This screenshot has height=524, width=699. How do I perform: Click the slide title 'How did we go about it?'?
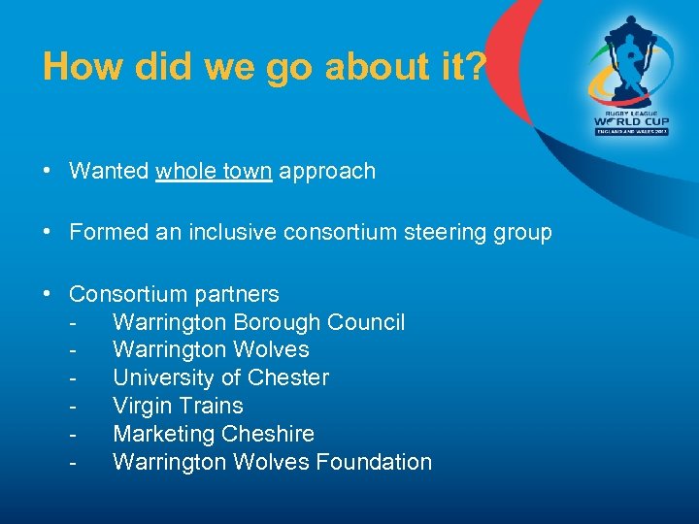pyautogui.click(x=263, y=67)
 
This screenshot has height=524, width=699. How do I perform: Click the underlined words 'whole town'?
pyautogui.click(x=215, y=172)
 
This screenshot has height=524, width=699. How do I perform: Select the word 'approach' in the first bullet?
pyautogui.click(x=328, y=172)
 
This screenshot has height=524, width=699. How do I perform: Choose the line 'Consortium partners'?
pyautogui.click(x=174, y=294)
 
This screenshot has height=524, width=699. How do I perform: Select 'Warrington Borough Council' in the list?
pyautogui.click(x=258, y=322)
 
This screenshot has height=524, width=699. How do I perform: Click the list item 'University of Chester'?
pyautogui.click(x=220, y=377)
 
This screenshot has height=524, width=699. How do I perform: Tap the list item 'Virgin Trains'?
pyautogui.click(x=178, y=406)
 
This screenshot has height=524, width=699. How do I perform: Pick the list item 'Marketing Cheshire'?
pyautogui.click(x=214, y=434)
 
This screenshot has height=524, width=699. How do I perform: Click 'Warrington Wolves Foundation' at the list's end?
pyautogui.click(x=272, y=462)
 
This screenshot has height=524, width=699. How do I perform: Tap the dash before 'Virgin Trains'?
pyautogui.click(x=74, y=406)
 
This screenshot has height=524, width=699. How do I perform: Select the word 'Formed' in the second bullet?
pyautogui.click(x=104, y=233)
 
